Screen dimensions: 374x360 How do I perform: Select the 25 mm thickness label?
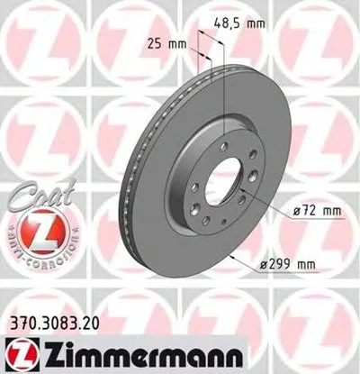[164, 42]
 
